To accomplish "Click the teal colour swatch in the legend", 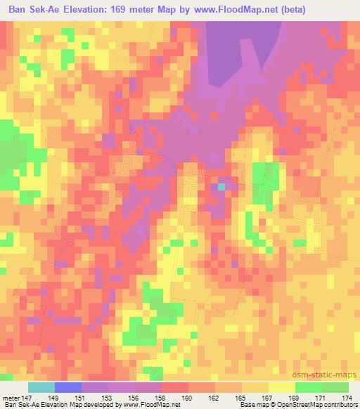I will click(41, 387).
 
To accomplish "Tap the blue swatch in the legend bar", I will click(68, 387).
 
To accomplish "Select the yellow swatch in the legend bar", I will click(281, 387).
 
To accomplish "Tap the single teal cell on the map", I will click(221, 187).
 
